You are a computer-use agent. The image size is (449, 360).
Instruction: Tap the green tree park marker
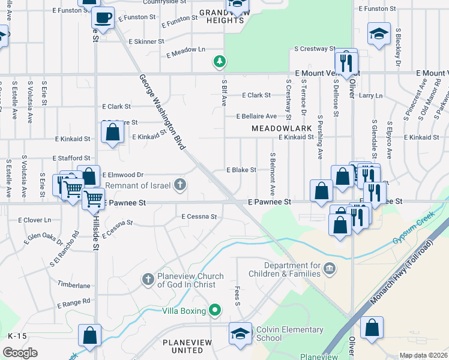click(x=220, y=61)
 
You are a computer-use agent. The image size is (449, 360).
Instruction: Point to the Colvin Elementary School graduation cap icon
click(x=240, y=334)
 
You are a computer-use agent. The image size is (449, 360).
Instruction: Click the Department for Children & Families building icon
click(x=330, y=267)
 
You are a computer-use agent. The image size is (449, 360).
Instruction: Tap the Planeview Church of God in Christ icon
click(x=148, y=279)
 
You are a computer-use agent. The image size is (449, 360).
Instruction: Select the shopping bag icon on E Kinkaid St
click(x=112, y=133)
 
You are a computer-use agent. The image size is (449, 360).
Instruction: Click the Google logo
click(x=20, y=352)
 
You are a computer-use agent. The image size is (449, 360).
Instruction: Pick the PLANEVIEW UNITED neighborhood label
click(x=191, y=346)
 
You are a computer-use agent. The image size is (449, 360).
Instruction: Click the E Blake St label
click(x=241, y=170)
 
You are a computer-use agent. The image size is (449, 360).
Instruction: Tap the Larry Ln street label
click(x=370, y=95)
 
